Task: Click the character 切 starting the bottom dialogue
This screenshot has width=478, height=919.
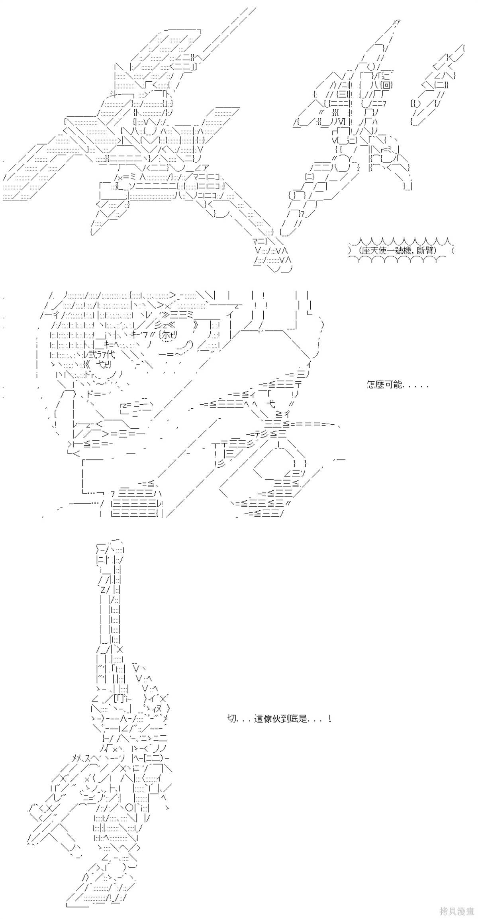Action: pyautogui.click(x=231, y=719)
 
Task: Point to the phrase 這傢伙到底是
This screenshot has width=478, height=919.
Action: pyautogui.click(x=281, y=719)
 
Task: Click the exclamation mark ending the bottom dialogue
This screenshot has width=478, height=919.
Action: pyautogui.click(x=329, y=719)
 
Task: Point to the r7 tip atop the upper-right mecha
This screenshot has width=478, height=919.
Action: pyautogui.click(x=396, y=22)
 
